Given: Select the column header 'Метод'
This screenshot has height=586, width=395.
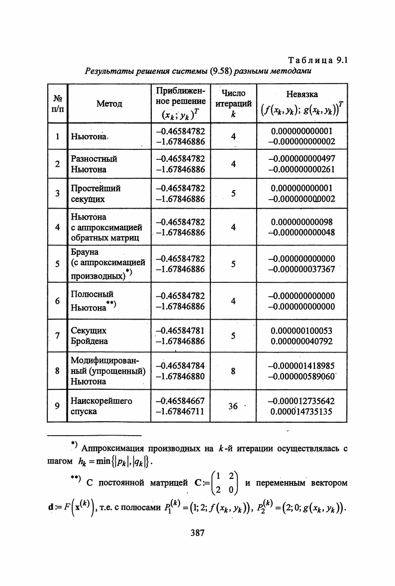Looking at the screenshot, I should (109, 104).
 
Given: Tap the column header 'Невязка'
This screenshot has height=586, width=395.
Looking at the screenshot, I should (302, 94).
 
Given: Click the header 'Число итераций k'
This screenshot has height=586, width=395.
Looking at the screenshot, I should (233, 103).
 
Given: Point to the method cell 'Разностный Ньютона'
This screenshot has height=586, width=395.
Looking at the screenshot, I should (94, 164).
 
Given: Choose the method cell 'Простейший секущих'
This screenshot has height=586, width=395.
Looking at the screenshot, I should (96, 194).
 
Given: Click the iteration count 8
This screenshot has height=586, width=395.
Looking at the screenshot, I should (233, 371).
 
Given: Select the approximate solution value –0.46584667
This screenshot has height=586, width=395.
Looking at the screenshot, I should (180, 401).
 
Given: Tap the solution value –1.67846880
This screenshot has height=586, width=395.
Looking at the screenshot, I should (180, 376).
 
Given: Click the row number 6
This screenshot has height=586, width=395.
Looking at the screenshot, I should (58, 301).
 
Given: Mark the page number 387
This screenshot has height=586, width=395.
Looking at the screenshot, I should (198, 533).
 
